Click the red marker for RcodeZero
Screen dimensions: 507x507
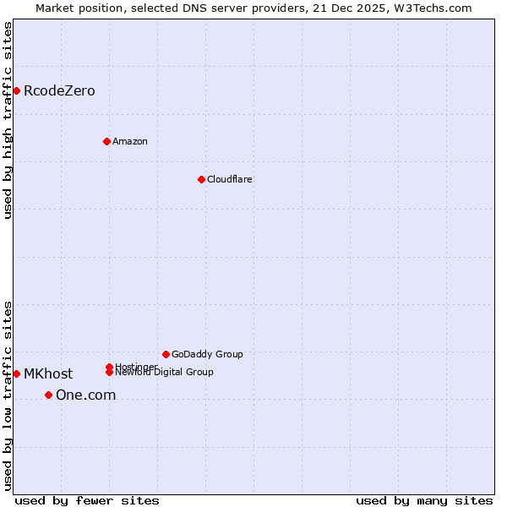point(16,90)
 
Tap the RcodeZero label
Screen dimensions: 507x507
point(59,91)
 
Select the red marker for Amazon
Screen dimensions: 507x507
point(106,141)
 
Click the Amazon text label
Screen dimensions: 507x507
point(130,141)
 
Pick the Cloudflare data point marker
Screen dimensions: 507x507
point(201,179)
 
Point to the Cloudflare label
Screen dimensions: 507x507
point(230,179)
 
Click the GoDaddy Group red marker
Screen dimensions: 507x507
point(166,354)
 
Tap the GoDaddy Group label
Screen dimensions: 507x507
point(207,354)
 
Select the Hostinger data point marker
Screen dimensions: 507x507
point(109,367)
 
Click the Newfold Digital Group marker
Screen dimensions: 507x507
point(109,373)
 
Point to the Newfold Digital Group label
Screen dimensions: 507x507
point(165,373)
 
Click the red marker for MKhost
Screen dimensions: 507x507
point(16,373)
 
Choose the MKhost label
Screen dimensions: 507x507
point(48,374)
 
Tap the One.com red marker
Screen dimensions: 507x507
point(48,395)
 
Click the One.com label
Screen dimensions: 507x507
point(85,395)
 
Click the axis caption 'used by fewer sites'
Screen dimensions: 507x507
point(87,500)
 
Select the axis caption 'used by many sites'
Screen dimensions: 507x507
point(424,500)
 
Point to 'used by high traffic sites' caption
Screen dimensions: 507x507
point(8,120)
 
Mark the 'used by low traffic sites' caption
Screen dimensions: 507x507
point(8,395)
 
